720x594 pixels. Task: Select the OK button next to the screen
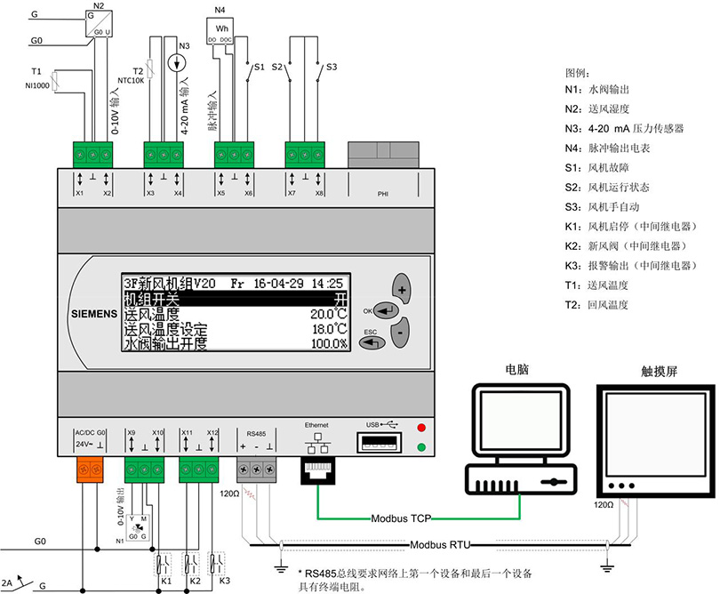pos(386,310)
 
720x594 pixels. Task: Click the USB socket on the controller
pos(380,442)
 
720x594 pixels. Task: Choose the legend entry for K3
pos(630,265)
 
